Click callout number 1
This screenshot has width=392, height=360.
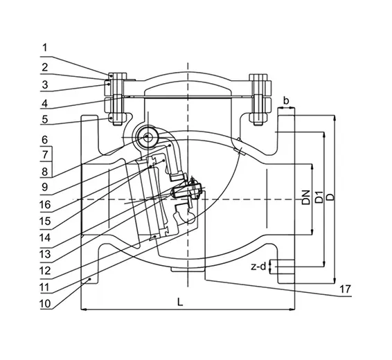[45, 48]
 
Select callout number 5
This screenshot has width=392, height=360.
[45, 119]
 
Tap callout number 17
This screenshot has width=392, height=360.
[345, 289]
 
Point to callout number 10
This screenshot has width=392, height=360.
[45, 304]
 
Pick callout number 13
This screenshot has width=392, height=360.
[45, 254]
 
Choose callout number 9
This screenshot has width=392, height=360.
[45, 187]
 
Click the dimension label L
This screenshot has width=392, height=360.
[180, 302]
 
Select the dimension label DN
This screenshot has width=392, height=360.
[305, 197]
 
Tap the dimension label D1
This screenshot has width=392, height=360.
[319, 197]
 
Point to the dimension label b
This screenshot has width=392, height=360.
[286, 100]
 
